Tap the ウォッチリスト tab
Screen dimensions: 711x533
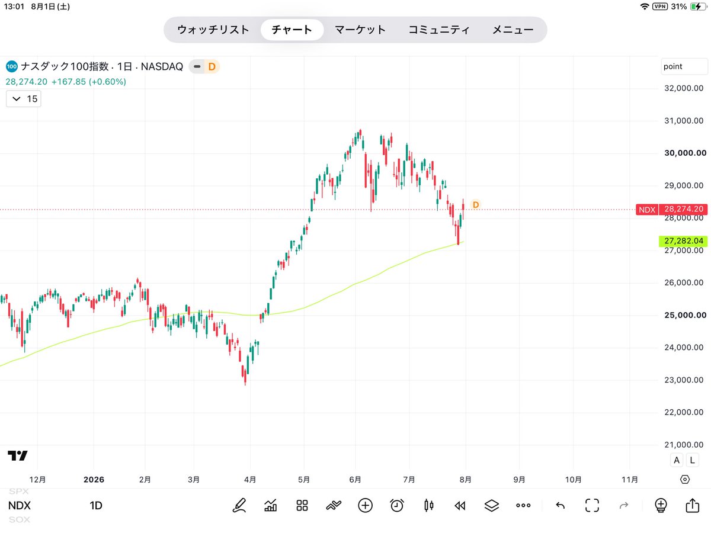coord(213,30)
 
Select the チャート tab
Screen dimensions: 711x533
coord(292,30)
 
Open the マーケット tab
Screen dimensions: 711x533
coord(360,30)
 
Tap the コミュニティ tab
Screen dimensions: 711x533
coord(438,30)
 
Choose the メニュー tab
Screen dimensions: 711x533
coord(513,30)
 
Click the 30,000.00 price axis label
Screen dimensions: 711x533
coord(685,153)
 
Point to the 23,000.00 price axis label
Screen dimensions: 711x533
coord(684,380)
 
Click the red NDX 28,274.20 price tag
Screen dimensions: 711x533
coord(671,210)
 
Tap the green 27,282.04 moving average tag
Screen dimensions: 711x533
coord(683,241)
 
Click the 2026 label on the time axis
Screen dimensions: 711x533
coord(94,480)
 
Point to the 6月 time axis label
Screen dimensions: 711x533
coord(355,480)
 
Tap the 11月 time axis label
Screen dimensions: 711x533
coord(630,480)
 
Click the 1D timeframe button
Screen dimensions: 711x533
coord(96,506)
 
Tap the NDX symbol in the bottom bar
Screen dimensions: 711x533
coord(20,506)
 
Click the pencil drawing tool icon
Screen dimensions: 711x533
coord(239,506)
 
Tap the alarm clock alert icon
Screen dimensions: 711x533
coord(397,506)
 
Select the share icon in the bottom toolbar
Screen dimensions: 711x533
coord(692,506)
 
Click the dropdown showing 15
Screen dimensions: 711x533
coord(24,99)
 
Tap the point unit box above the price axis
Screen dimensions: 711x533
coord(684,67)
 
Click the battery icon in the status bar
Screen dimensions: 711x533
coord(698,7)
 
